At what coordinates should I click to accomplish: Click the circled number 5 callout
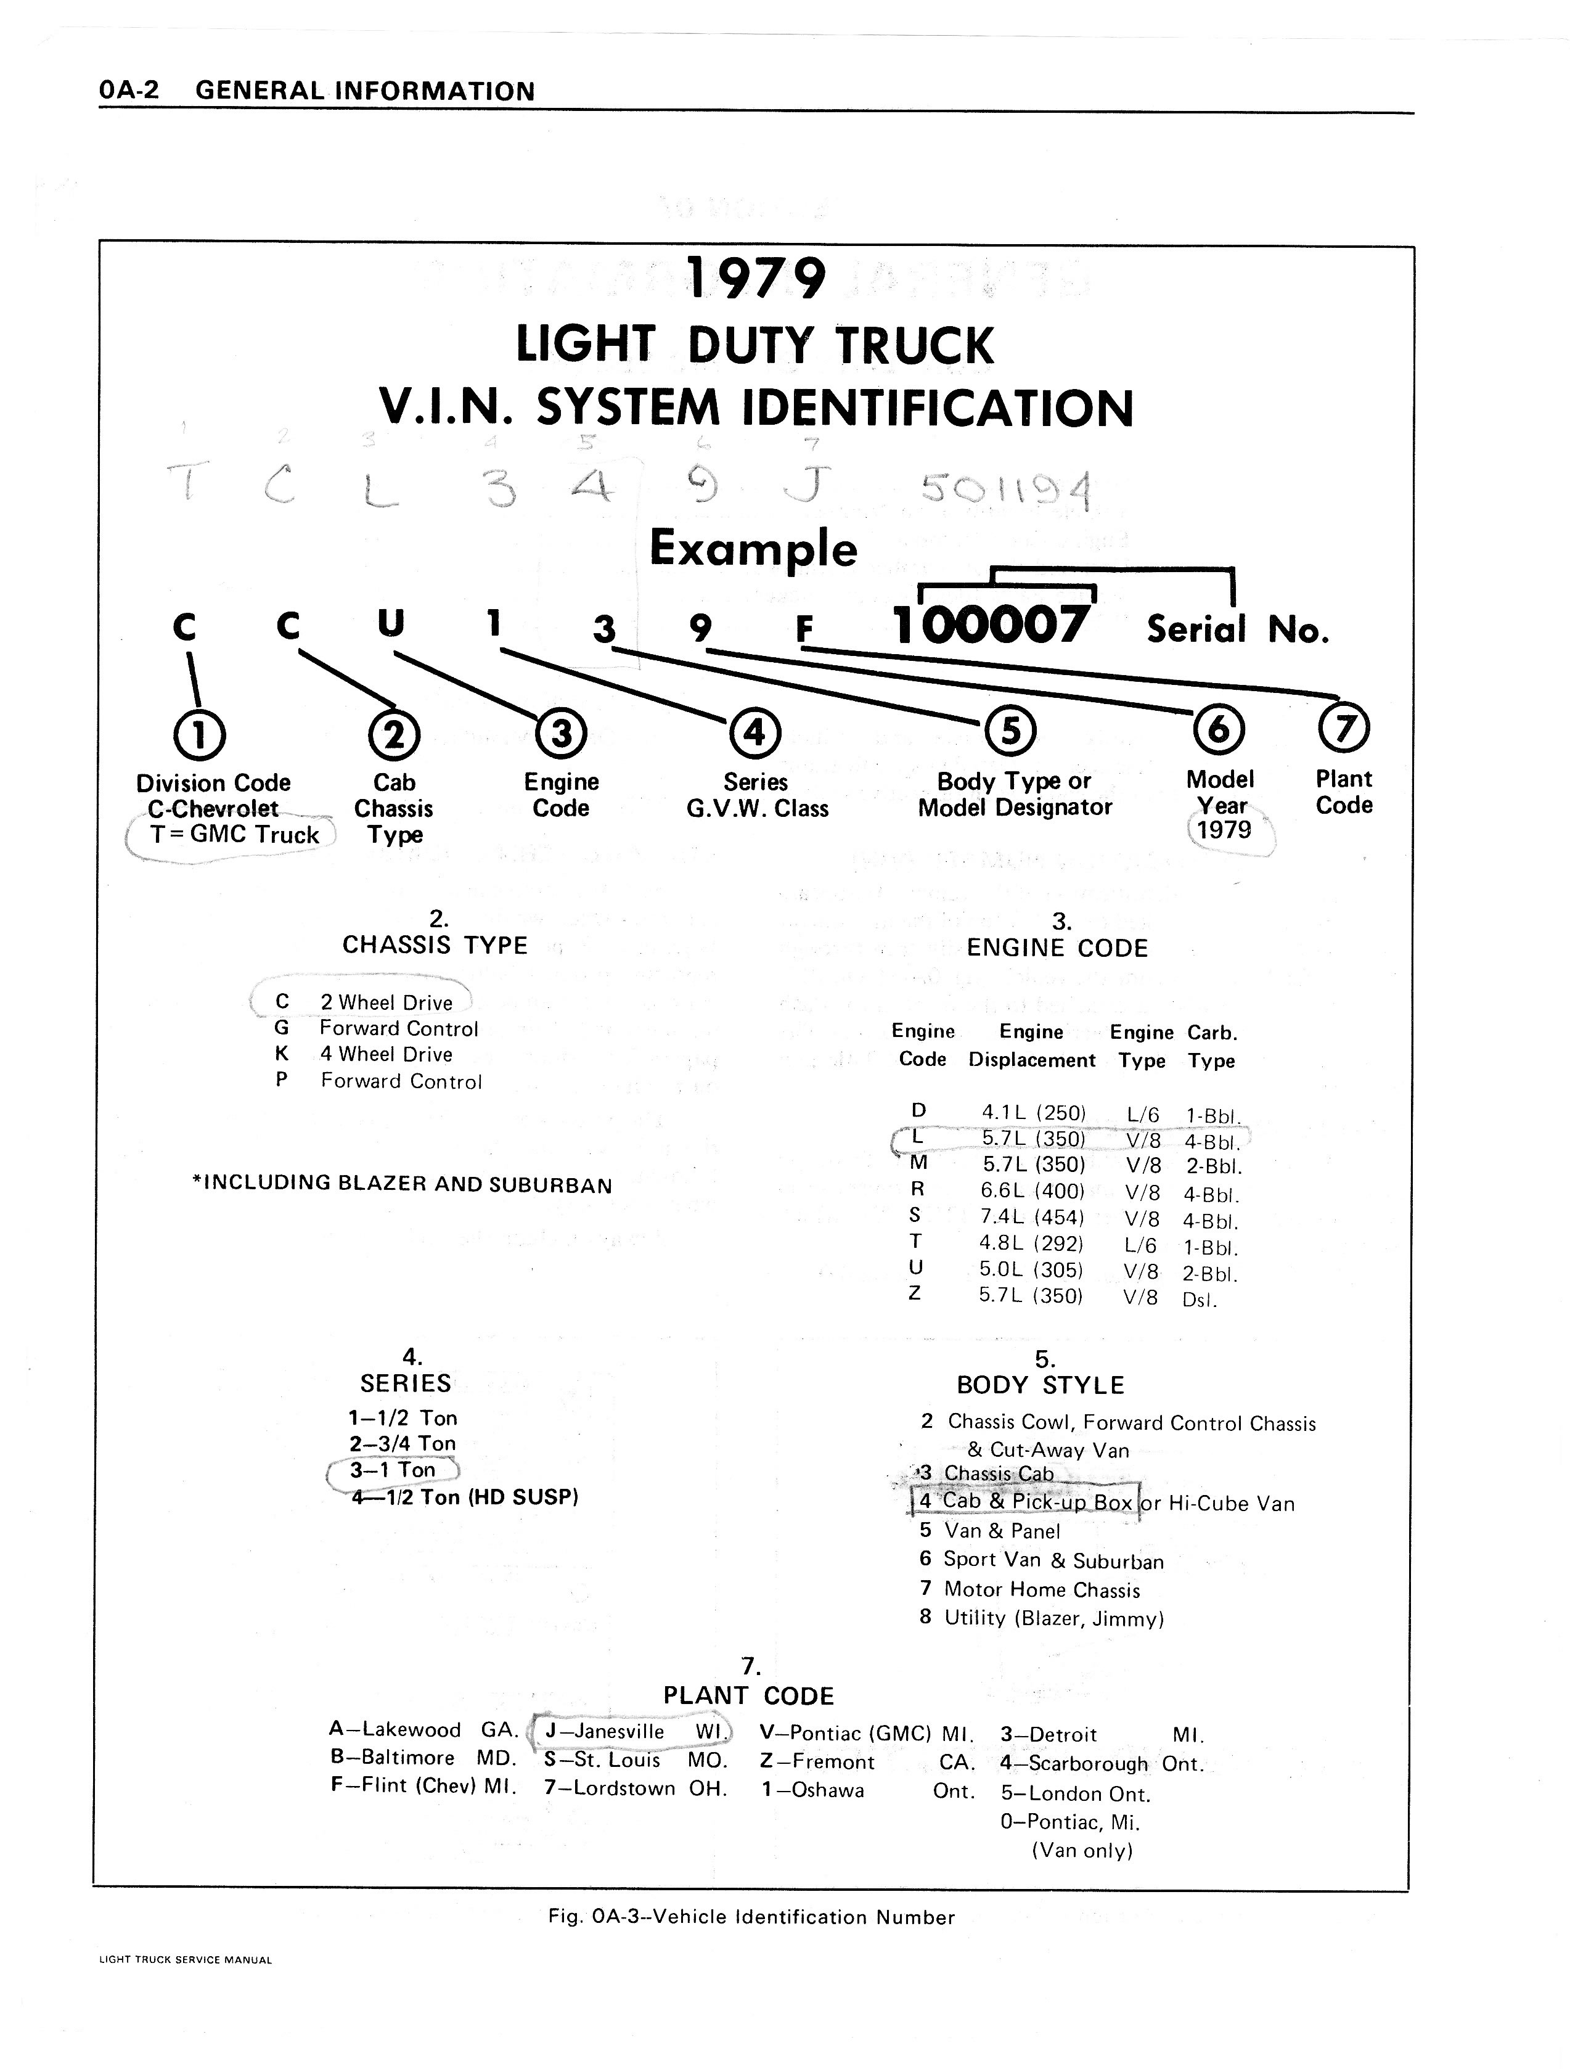point(1010,731)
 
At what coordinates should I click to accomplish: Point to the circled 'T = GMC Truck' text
point(234,835)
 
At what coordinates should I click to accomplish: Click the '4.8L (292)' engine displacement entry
point(1031,1244)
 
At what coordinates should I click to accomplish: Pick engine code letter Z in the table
point(915,1293)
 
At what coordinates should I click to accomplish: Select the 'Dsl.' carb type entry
point(1200,1299)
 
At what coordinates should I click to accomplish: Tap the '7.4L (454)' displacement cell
point(1031,1218)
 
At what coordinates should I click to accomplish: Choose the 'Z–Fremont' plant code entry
point(818,1762)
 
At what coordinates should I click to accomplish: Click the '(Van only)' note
point(1082,1850)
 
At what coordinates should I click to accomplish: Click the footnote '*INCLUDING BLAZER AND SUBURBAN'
point(402,1184)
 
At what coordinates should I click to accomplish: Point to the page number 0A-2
point(129,90)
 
